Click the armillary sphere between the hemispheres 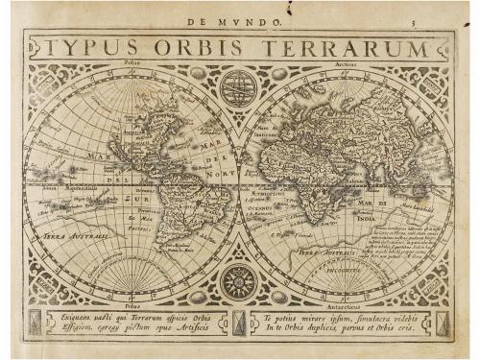tap(237, 88)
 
